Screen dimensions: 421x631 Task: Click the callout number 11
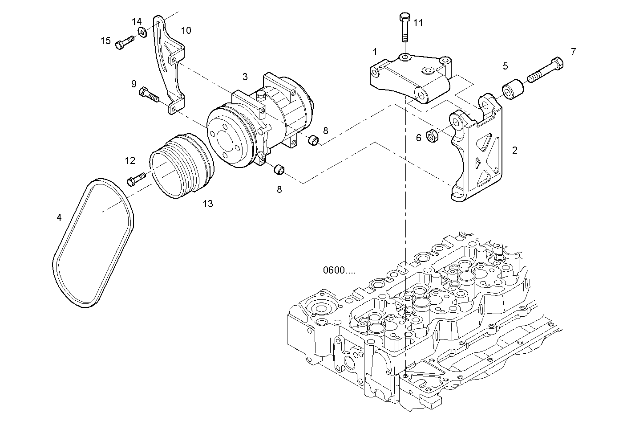[x=418, y=23]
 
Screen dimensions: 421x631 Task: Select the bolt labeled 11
[x=404, y=28]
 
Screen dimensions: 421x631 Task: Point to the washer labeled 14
[x=143, y=32]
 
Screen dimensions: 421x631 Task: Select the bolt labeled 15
[x=125, y=43]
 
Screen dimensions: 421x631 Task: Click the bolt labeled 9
[x=149, y=94]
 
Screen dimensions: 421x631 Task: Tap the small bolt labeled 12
[x=136, y=179]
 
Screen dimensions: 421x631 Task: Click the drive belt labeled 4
[x=93, y=243]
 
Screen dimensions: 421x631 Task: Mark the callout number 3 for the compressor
[x=245, y=77]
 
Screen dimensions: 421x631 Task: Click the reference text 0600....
[x=339, y=270]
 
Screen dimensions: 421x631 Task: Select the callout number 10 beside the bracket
[x=186, y=30]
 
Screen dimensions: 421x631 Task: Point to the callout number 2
[x=515, y=151]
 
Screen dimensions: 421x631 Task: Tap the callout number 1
[x=375, y=52]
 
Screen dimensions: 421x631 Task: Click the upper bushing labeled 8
[x=314, y=141]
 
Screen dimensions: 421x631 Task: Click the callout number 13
[x=208, y=204]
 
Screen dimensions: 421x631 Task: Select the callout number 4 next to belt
[x=59, y=217]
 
